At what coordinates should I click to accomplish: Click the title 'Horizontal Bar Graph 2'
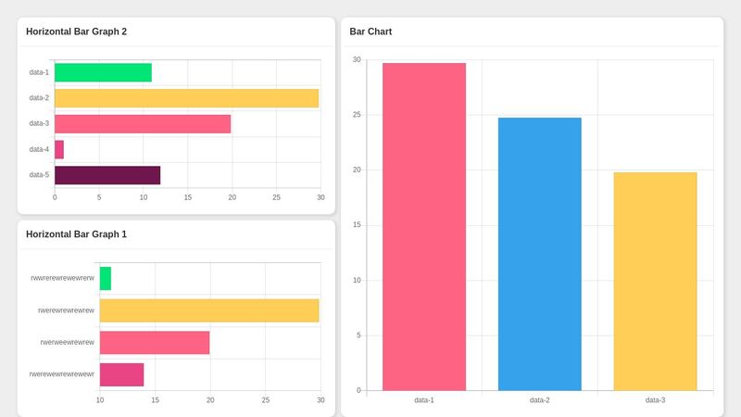pyautogui.click(x=76, y=32)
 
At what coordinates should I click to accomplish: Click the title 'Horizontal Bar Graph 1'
pyautogui.click(x=76, y=234)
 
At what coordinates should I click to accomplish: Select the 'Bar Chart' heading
pyautogui.click(x=370, y=32)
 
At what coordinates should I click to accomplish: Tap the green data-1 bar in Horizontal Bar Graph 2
pyautogui.click(x=103, y=72)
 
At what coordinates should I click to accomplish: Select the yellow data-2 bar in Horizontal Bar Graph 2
pyautogui.click(x=186, y=98)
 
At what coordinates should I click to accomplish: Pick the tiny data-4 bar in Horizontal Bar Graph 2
pyautogui.click(x=59, y=149)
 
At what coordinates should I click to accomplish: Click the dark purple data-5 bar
pyautogui.click(x=107, y=175)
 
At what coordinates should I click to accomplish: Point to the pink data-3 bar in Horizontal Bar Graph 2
pyautogui.click(x=143, y=123)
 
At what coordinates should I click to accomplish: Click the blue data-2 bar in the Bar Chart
pyautogui.click(x=539, y=254)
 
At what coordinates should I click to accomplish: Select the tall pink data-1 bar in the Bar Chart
pyautogui.click(x=424, y=227)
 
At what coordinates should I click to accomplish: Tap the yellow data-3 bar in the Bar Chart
pyautogui.click(x=655, y=281)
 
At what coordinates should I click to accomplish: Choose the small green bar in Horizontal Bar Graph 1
pyautogui.click(x=106, y=278)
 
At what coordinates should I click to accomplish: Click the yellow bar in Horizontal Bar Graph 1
pyautogui.click(x=209, y=310)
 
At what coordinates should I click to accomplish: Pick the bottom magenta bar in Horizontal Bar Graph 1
pyautogui.click(x=121, y=374)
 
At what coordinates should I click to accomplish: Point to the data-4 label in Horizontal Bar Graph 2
pyautogui.click(x=39, y=149)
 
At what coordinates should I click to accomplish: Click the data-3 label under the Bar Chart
pyautogui.click(x=655, y=400)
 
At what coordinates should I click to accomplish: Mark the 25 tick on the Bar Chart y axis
pyautogui.click(x=358, y=115)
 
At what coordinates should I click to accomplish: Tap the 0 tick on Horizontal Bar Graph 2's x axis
pyautogui.click(x=55, y=197)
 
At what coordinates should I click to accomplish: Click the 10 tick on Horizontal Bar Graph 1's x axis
pyautogui.click(x=100, y=400)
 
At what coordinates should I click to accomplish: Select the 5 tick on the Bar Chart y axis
pyautogui.click(x=358, y=335)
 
